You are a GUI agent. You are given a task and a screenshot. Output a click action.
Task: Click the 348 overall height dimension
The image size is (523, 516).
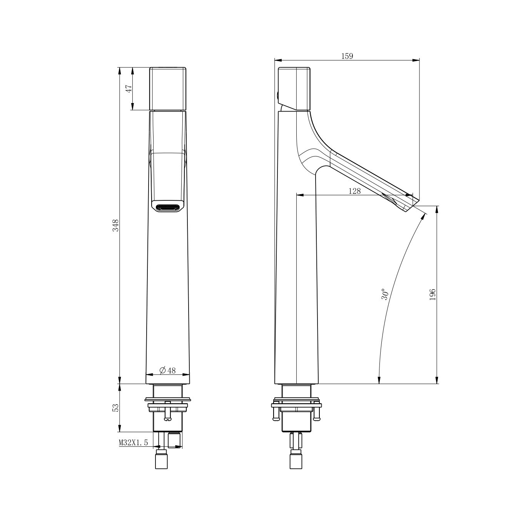click(x=116, y=225)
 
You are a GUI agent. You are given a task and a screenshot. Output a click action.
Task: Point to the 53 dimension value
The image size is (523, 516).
click(x=116, y=408)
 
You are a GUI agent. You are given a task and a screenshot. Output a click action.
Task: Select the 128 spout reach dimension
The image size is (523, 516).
click(x=354, y=191)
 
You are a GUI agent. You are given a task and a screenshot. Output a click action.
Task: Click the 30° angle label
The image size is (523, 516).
click(x=385, y=294)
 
